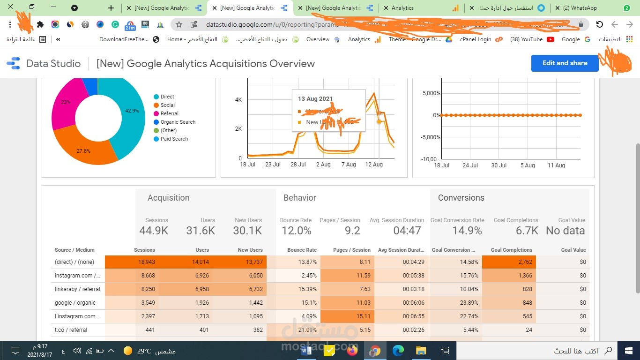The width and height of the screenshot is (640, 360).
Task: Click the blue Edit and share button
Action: pos(565,63)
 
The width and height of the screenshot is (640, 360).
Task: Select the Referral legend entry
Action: pos(169,113)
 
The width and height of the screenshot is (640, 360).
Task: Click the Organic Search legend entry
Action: pos(178,122)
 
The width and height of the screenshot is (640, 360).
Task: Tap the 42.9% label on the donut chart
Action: pos(132,111)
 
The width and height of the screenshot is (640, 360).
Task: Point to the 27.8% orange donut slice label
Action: pos(83,151)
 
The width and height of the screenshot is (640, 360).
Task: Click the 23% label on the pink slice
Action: pos(66,102)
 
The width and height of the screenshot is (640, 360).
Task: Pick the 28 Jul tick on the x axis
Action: pos(298,165)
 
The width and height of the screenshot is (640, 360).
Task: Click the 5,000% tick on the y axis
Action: pos(431,93)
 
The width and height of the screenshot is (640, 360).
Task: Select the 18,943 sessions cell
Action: pos(148,262)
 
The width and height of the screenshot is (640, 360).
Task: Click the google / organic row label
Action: pos(75,303)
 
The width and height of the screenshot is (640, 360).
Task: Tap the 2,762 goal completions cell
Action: pos(525,262)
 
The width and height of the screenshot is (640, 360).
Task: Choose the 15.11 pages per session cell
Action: pos(363,316)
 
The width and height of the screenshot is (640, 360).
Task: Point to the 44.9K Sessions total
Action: pos(154,231)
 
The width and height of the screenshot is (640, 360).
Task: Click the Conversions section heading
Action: pos(461,198)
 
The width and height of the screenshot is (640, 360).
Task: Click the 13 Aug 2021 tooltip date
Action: pos(315,99)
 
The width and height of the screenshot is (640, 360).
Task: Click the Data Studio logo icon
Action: pos(14,63)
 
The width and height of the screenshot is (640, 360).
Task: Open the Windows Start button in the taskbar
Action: pos(628,351)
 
